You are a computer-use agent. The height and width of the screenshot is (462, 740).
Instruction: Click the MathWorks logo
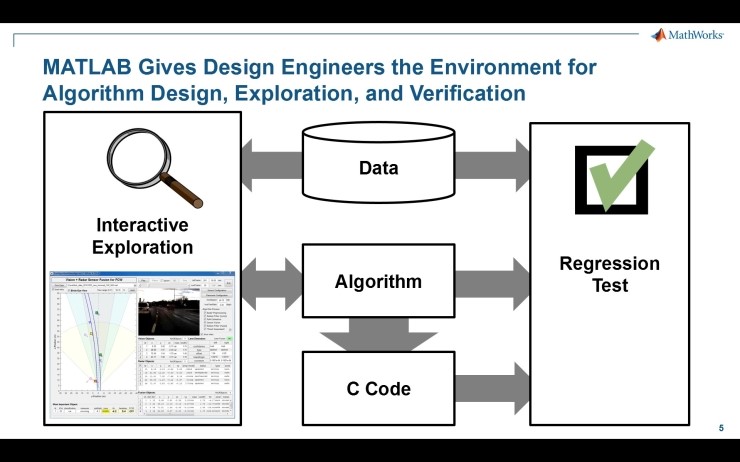(687, 35)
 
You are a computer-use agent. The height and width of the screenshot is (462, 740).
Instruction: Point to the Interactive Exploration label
(143, 235)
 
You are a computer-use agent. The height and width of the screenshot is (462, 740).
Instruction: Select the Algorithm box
(378, 282)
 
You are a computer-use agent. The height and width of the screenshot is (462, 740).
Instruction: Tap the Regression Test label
(609, 275)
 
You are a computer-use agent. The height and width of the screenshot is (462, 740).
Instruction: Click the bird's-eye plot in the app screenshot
(89, 339)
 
